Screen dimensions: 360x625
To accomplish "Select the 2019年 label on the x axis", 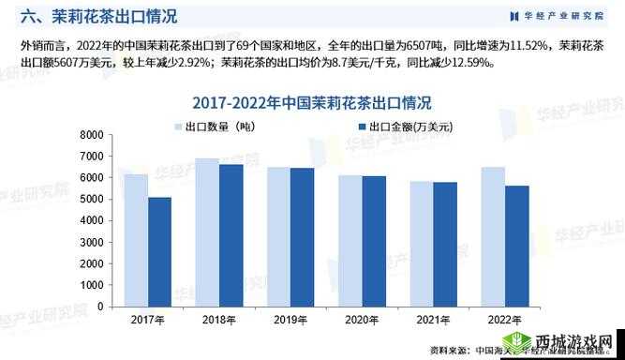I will coord(290,321).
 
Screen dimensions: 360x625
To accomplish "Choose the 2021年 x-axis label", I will coord(433,321).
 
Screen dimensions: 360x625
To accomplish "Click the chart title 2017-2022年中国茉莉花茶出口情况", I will coord(312,101).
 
